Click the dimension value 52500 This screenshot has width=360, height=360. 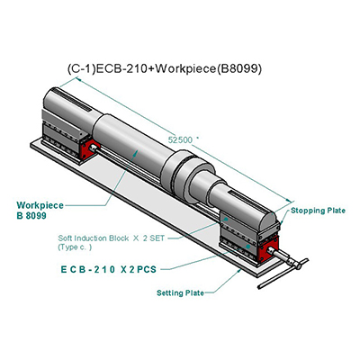point(180,139)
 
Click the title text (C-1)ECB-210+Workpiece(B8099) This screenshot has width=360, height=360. point(165,69)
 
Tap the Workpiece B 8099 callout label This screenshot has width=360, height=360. point(40,211)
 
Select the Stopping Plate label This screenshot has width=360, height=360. point(318,211)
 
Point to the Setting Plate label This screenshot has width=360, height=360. point(180,292)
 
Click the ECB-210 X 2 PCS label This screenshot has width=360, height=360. point(109,269)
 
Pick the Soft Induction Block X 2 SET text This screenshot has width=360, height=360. point(112,238)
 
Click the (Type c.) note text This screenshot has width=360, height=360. point(75,247)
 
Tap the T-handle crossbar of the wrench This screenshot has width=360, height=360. point(283,274)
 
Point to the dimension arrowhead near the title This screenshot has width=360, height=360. point(78,79)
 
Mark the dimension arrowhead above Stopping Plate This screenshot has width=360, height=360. point(289,201)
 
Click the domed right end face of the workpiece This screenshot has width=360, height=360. point(269,220)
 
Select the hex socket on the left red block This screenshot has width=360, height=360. point(93,148)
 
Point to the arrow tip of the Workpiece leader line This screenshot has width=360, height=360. point(138,152)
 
